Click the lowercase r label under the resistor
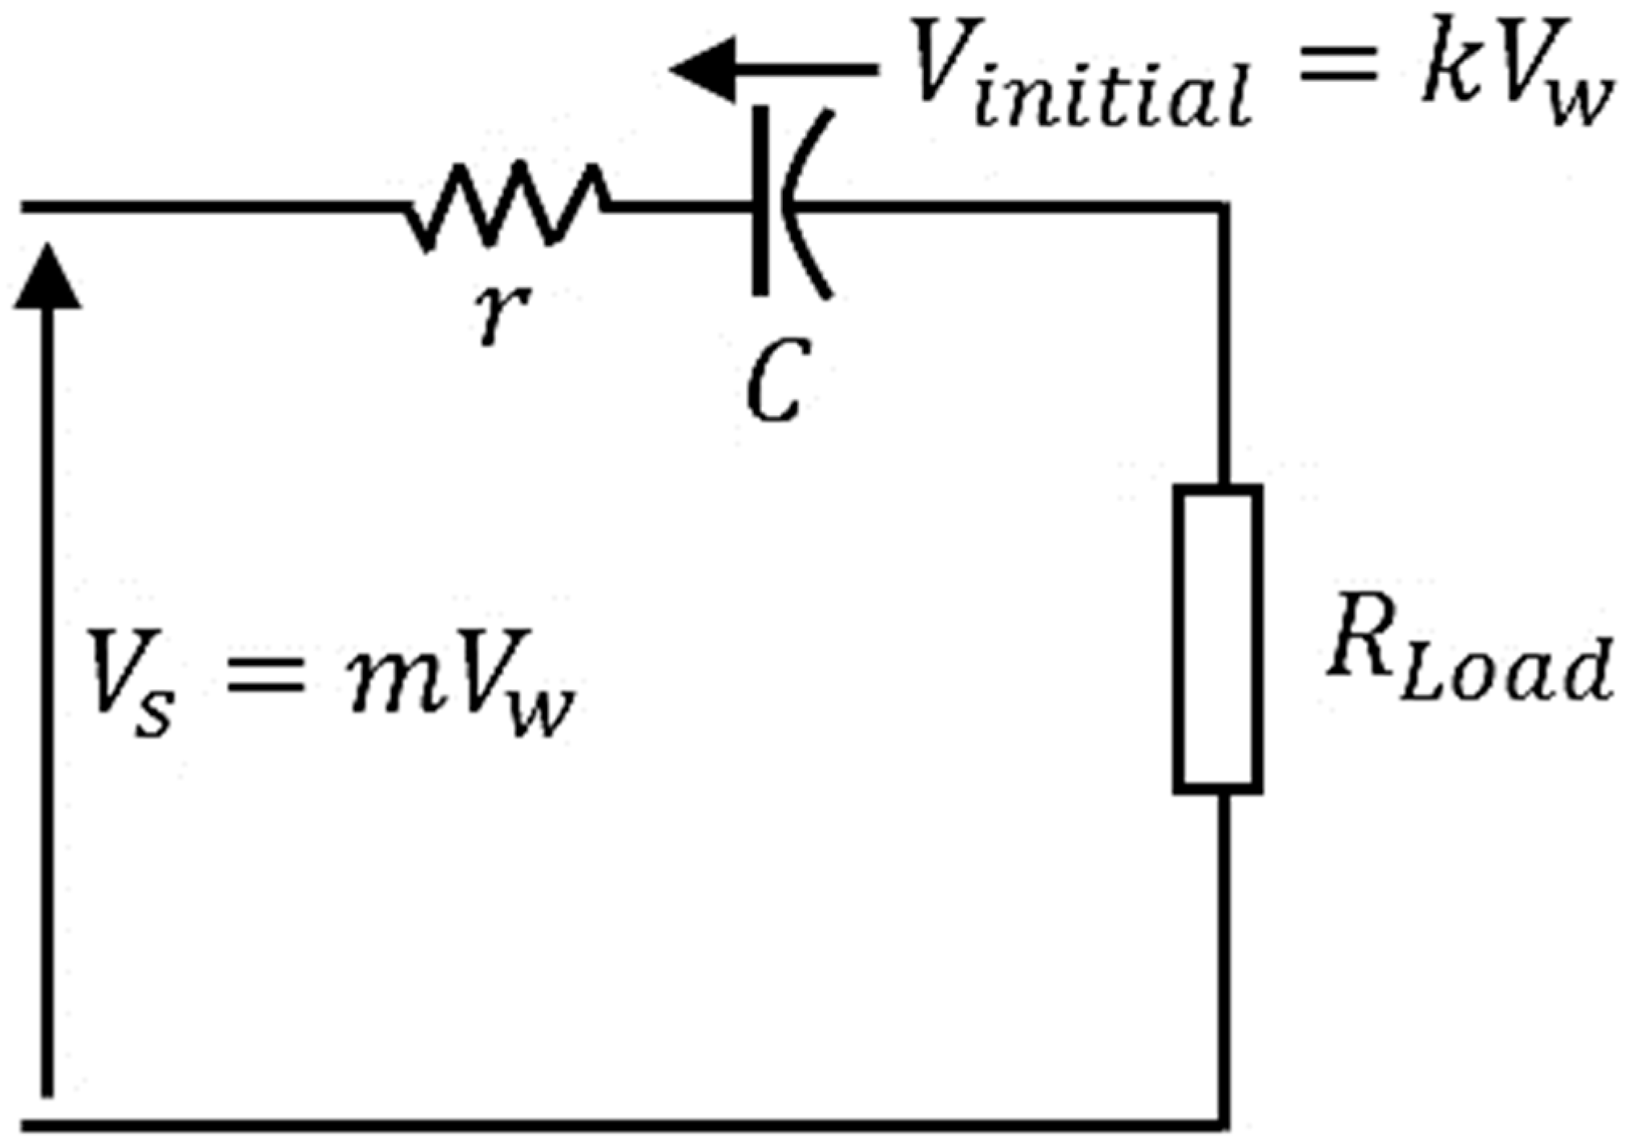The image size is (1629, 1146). coord(499,315)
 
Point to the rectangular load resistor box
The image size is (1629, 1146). coord(1218,639)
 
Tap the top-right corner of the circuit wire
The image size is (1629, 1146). coord(1223,208)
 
